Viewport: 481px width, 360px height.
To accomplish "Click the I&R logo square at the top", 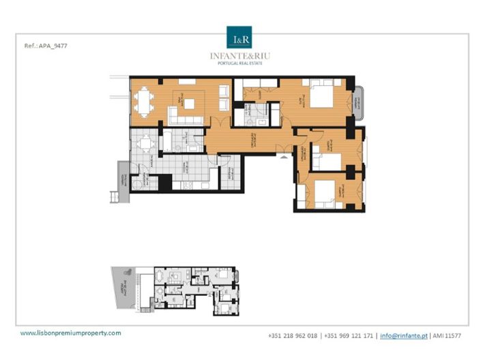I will (239, 37).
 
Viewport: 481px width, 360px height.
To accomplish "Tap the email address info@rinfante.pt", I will (403, 335).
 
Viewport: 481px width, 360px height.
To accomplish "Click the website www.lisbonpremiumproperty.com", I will (71, 333).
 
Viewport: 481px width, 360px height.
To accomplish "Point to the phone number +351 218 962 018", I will (293, 335).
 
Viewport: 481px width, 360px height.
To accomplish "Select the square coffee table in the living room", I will (189, 104).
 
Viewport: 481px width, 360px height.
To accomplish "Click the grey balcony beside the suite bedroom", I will (359, 102).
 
